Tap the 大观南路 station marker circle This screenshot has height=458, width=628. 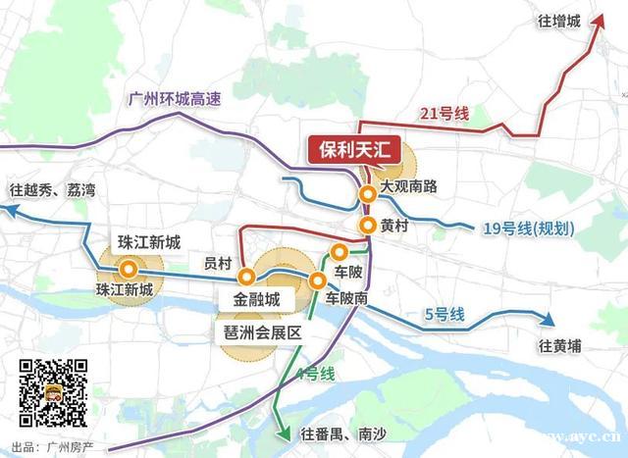(x=367, y=194)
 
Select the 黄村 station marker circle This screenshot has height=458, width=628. (x=367, y=226)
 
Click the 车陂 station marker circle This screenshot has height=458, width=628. (x=340, y=251)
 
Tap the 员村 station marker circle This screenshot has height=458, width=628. (x=247, y=275)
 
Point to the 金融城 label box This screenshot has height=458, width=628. (x=257, y=297)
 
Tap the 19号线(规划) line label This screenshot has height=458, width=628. (x=528, y=229)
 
